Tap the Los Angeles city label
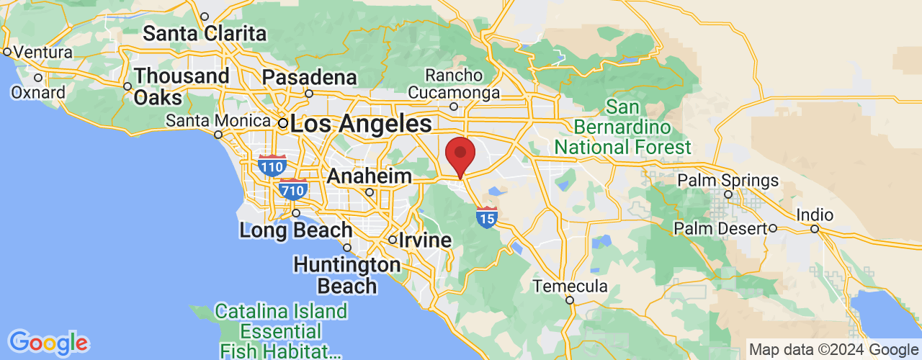pyautogui.click(x=362, y=123)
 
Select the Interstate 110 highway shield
pyautogui.click(x=272, y=166)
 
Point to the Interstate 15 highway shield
pyautogui.click(x=487, y=216)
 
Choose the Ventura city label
pyautogui.click(x=43, y=53)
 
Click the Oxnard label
pyautogui.click(x=38, y=92)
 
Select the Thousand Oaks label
pyautogui.click(x=182, y=86)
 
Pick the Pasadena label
pyautogui.click(x=309, y=77)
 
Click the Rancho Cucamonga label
pyautogui.click(x=454, y=84)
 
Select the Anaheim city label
pyautogui.click(x=370, y=176)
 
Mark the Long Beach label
pyautogui.click(x=295, y=230)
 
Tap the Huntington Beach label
pyautogui.click(x=347, y=275)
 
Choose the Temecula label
pyautogui.click(x=570, y=287)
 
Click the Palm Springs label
pyautogui.click(x=728, y=180)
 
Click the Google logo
pyautogui.click(x=48, y=343)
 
